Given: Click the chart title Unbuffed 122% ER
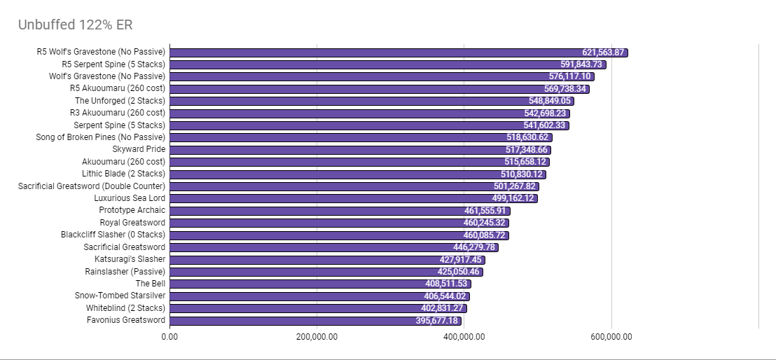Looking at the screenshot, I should (75, 25).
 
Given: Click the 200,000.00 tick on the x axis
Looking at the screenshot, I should (317, 336).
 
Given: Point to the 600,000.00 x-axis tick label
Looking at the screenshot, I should (611, 336).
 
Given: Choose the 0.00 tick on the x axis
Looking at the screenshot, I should (169, 336).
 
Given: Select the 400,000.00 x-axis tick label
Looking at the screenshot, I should (464, 336).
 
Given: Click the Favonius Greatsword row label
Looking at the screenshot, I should (126, 320).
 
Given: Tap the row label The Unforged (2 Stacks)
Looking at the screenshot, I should (120, 101).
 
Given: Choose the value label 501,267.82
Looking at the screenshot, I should (514, 186).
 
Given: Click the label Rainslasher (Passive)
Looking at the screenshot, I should (125, 271).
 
